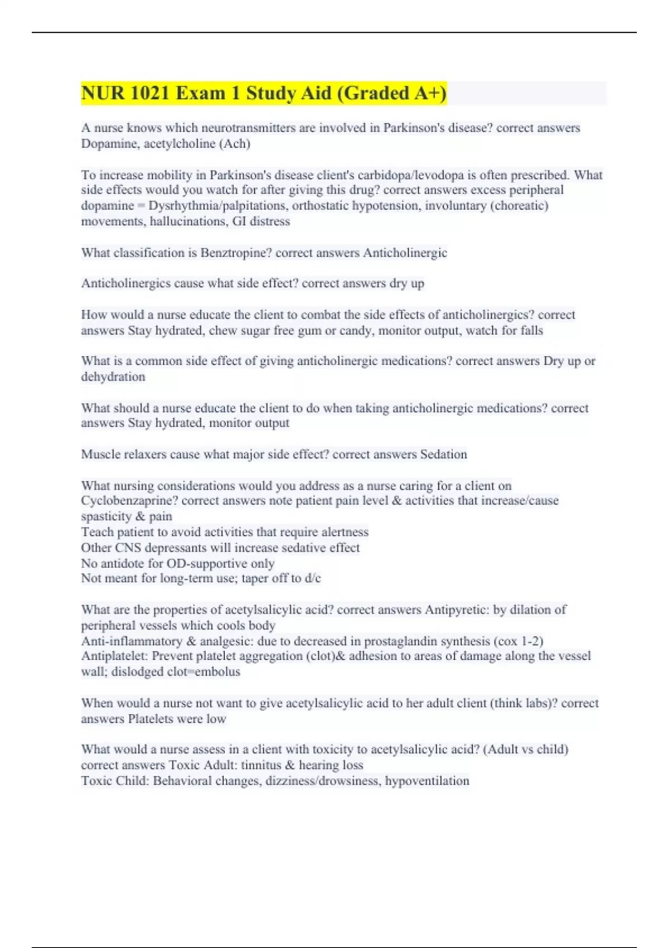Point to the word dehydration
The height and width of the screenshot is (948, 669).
113,376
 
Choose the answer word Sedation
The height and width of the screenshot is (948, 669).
443,454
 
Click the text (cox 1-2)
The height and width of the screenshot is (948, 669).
519,641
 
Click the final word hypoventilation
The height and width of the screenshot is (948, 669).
427,780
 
